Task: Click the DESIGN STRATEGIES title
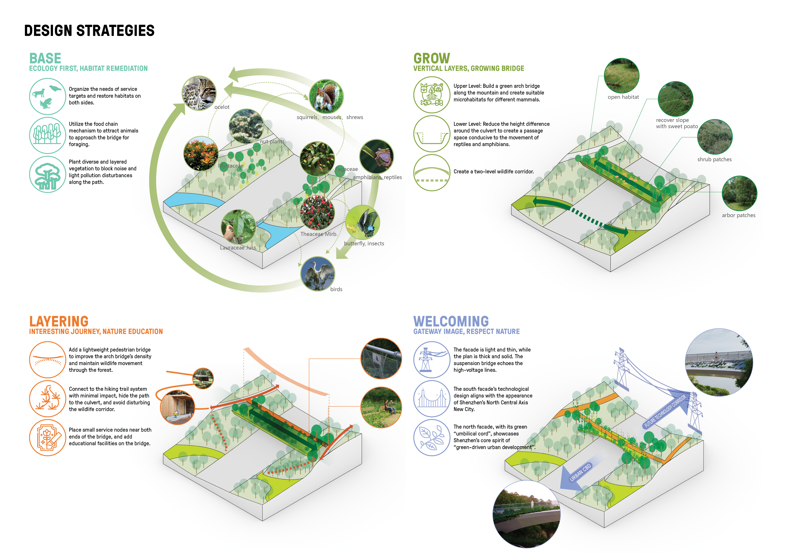pos(89,31)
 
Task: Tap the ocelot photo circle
pos(199,93)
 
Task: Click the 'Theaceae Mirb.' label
pos(318,234)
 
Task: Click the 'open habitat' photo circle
pos(622,76)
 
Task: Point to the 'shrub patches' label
pos(714,159)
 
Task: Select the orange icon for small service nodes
pos(47,438)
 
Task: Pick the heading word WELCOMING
pos(451,321)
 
